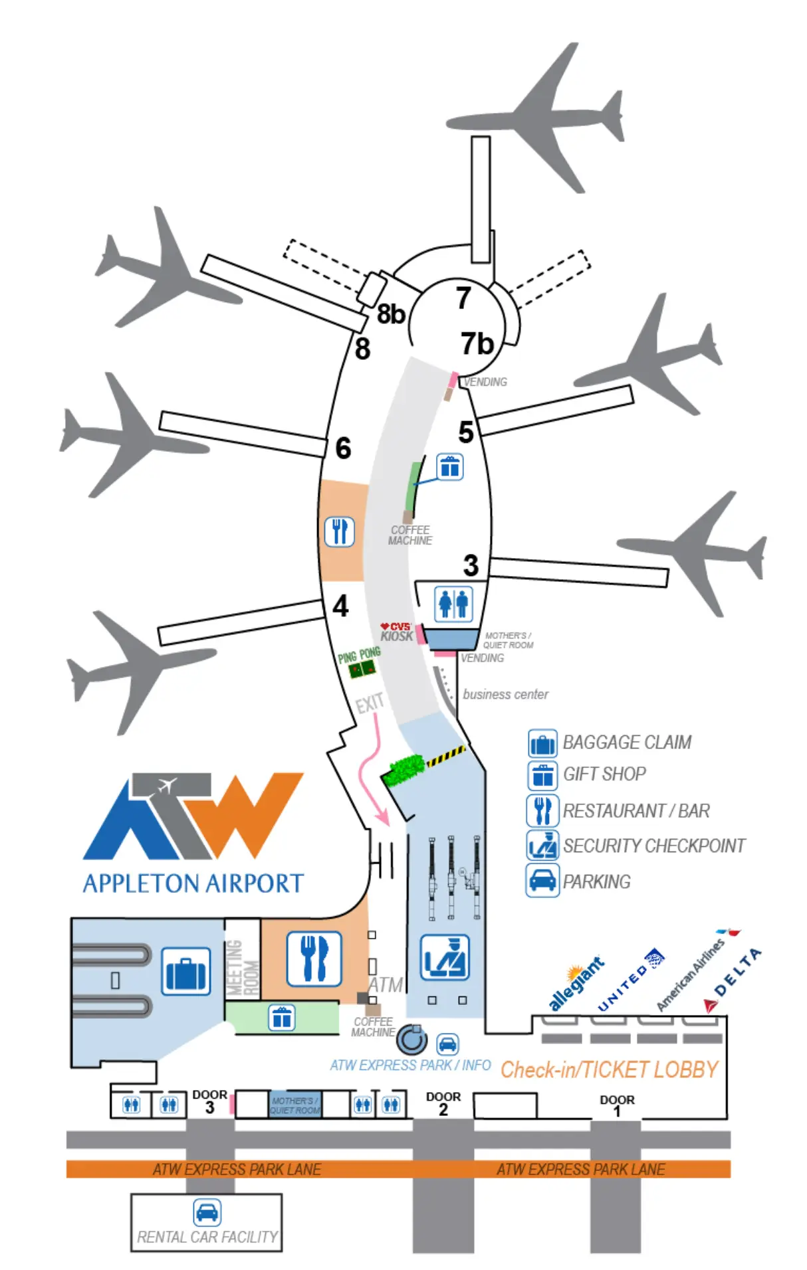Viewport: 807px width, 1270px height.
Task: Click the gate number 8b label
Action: tap(390, 314)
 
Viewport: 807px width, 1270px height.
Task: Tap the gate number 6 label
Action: tap(343, 448)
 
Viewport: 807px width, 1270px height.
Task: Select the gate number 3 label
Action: tap(471, 566)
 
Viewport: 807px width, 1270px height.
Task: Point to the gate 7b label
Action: tap(477, 344)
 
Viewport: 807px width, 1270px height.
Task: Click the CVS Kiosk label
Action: tap(396, 632)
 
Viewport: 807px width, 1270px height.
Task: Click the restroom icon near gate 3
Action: tap(453, 603)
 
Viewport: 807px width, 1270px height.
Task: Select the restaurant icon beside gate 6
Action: tap(339, 531)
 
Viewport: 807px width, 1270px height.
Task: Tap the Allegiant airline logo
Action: tap(576, 982)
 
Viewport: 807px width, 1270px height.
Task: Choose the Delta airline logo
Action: tap(734, 976)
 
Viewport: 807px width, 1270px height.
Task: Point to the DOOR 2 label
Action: tap(443, 1102)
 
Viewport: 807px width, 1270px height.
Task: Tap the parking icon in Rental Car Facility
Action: tap(207, 1212)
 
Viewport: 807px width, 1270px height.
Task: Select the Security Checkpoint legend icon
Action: tap(542, 845)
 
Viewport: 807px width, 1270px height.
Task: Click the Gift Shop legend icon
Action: tap(542, 774)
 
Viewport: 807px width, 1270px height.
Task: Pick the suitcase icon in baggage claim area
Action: tap(187, 971)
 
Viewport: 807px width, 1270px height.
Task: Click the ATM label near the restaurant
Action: tap(386, 984)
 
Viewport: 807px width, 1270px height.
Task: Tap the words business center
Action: tap(505, 694)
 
